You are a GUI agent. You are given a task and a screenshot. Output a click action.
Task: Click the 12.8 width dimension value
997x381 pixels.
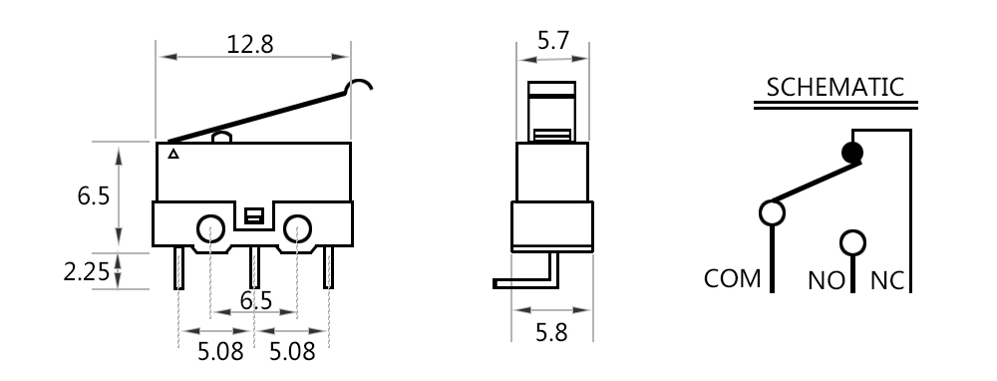coord(250,44)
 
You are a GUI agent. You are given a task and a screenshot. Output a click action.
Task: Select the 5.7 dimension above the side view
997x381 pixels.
coord(552,40)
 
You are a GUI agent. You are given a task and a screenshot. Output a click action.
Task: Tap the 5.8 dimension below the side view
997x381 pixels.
coord(551,332)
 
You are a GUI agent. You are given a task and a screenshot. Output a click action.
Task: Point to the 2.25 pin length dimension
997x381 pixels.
coord(87,271)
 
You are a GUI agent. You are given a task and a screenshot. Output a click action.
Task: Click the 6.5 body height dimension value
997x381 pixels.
coord(94,195)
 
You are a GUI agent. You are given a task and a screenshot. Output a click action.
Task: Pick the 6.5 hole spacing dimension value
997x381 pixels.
coord(255,300)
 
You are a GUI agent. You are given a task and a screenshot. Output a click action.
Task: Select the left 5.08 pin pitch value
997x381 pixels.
coord(220,351)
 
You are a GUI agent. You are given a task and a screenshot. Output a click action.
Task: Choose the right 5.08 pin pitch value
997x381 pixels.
coord(292,351)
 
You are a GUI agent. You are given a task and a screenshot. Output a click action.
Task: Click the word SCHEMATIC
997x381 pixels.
coord(834,87)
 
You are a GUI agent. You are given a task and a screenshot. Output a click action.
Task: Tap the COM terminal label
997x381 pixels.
coord(732,278)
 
